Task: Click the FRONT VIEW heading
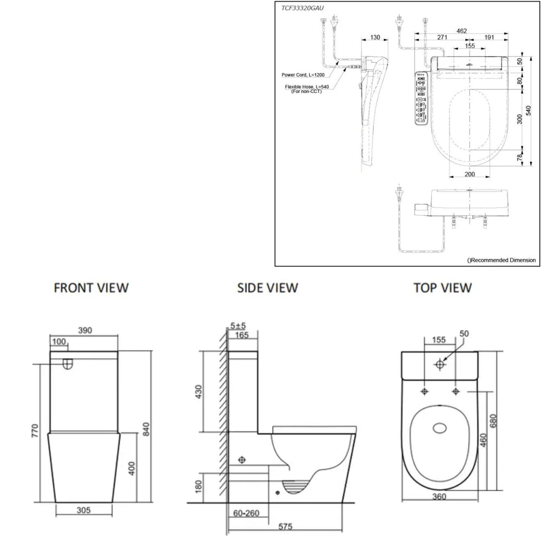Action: [x=91, y=287]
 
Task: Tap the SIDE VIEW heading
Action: [x=267, y=287]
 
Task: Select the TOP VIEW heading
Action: [x=442, y=287]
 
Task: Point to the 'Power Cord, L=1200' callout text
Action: [x=303, y=75]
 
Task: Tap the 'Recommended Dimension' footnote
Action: [x=502, y=260]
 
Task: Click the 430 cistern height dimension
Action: [x=199, y=392]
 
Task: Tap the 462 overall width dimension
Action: [x=461, y=31]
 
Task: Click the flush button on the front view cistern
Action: [x=68, y=364]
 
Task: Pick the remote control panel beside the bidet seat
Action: [x=420, y=99]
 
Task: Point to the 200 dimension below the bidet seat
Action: [x=470, y=174]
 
